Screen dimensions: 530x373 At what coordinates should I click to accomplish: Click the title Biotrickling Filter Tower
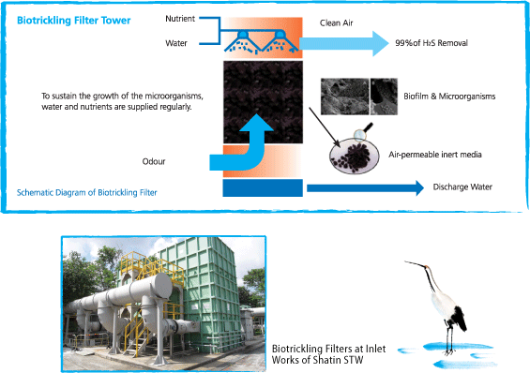pos(74,21)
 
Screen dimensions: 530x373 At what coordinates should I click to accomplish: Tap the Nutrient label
pos(180,19)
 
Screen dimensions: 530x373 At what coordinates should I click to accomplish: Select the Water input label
pos(176,43)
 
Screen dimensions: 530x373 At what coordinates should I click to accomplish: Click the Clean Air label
pos(337,22)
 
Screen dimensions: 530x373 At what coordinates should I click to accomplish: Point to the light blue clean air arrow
pos(343,43)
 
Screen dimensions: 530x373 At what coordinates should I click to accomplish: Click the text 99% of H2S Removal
pos(432,43)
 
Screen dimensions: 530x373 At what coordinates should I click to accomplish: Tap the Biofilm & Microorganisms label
pos(449,97)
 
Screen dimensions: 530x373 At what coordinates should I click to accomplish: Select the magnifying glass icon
pos(363,132)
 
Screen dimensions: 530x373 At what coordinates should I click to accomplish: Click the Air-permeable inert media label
pos(435,155)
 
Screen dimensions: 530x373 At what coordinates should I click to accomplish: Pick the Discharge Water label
pos(462,187)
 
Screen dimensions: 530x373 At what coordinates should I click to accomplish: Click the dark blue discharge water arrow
pos(365,187)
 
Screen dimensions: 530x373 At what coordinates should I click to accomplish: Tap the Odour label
pos(154,161)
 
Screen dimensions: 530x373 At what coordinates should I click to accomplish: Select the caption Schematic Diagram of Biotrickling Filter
pos(87,193)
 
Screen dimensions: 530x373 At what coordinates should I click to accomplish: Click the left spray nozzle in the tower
pos(242,36)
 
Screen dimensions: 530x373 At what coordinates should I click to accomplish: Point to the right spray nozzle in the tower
pos(280,36)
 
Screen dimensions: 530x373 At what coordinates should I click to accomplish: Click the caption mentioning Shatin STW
pos(328,354)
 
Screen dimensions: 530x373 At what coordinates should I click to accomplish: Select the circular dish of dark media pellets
pos(354,156)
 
